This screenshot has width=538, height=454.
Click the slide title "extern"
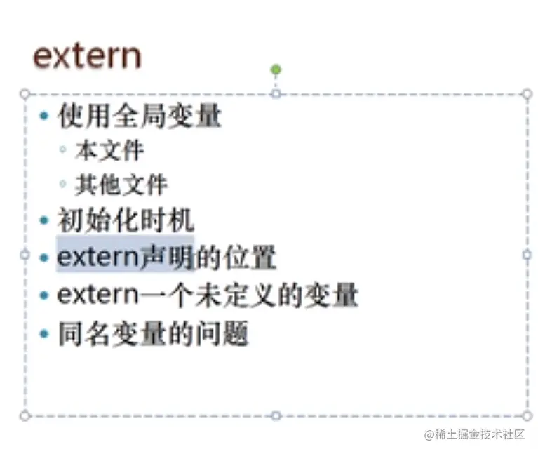coord(87,56)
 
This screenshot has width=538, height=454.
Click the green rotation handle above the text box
coord(276,69)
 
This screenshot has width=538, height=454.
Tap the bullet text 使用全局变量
coord(140,116)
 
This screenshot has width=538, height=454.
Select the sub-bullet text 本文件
coord(109,150)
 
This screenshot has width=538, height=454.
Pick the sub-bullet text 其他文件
coord(121,185)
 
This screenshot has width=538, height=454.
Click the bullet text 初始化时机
coord(126,221)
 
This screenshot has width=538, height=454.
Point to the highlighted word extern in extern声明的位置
coord(98,258)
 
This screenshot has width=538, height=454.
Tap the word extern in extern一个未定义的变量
coord(98,294)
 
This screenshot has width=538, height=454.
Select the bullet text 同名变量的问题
coord(153,333)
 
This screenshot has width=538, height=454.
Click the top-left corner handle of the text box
coord(25,93)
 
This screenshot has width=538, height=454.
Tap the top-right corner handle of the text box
coord(527,93)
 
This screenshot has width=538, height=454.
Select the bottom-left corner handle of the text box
coord(25,415)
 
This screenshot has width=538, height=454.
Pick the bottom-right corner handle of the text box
coord(527,415)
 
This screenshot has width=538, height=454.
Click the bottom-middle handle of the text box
coord(276,415)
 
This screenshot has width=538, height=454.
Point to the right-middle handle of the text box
coord(527,255)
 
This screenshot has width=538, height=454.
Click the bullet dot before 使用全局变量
coord(44,116)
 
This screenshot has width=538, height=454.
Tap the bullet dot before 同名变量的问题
coord(44,333)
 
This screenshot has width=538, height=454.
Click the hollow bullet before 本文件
coord(62,150)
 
